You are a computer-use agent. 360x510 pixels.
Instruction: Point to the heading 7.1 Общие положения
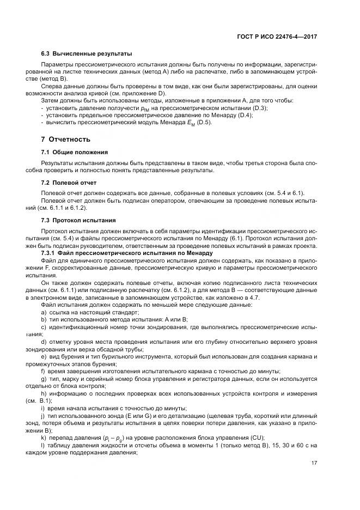[75, 151]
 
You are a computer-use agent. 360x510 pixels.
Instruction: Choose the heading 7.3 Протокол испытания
[78, 220]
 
